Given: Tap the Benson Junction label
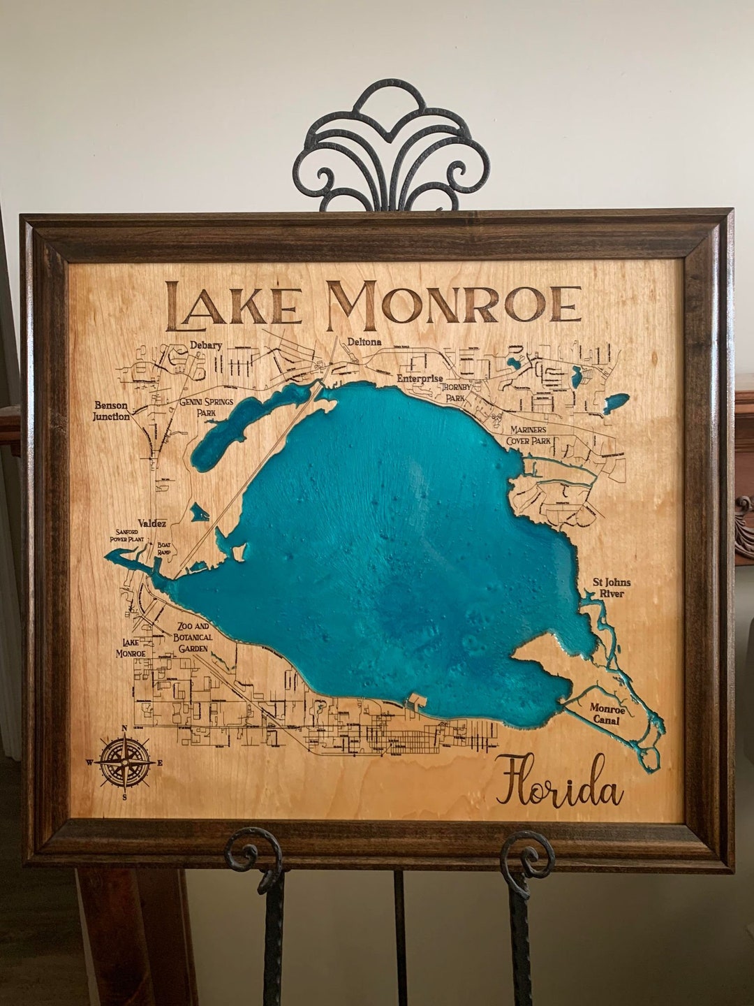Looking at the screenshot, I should coord(112,411).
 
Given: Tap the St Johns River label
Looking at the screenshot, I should coord(608,587).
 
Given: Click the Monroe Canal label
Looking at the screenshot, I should coord(607,713).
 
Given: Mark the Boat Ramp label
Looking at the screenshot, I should coord(165,548).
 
